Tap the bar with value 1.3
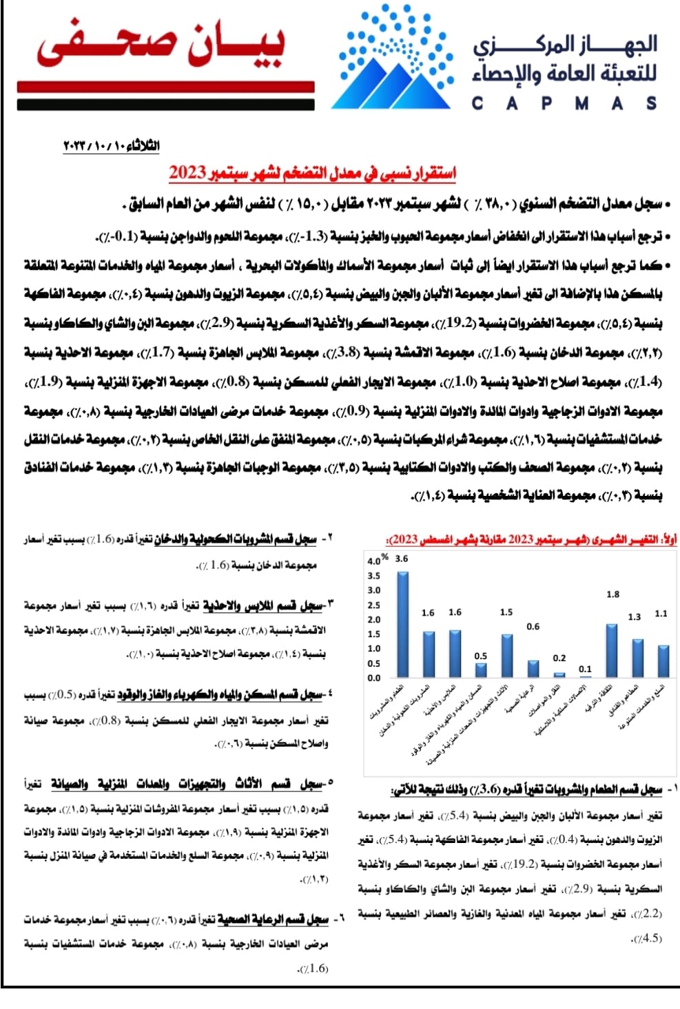[x=637, y=658]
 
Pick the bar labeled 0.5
[x=481, y=669]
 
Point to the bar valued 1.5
[x=507, y=655]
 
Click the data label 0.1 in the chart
[x=585, y=669]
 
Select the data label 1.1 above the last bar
[x=661, y=613]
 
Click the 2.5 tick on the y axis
[x=373, y=605]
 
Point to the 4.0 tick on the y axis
[x=373, y=561]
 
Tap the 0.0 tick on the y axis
[x=373, y=678]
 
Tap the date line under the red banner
[x=111, y=146]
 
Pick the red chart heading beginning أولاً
[x=531, y=539]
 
